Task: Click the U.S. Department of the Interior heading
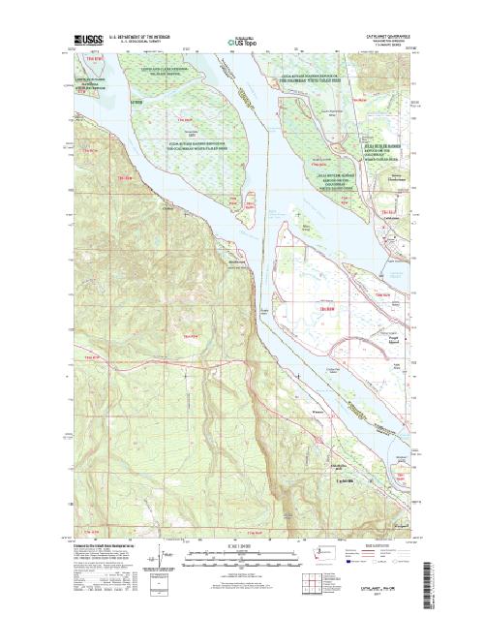pyautogui.click(x=142, y=35)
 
